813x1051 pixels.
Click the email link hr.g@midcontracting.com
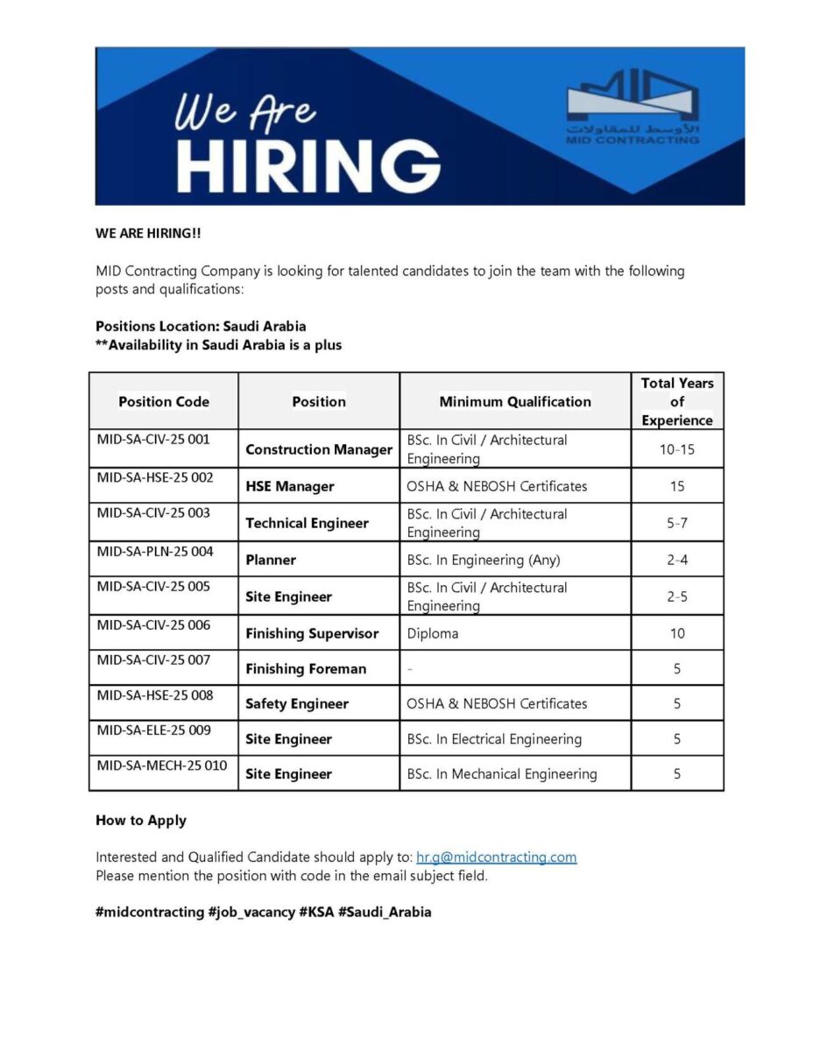(496, 857)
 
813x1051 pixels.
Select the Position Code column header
(164, 401)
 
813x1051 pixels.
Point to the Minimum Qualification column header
(515, 401)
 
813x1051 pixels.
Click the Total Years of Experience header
(677, 401)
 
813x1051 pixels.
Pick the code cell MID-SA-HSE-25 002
(155, 477)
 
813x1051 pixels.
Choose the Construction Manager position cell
(319, 449)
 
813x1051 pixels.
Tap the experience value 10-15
(677, 449)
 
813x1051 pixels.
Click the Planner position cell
(271, 560)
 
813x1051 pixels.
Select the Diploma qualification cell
(433, 633)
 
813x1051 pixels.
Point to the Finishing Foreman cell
(306, 668)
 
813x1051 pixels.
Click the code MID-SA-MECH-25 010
(162, 765)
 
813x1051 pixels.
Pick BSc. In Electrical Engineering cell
(494, 739)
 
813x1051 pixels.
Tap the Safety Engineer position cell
(297, 703)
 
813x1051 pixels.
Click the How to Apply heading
(141, 821)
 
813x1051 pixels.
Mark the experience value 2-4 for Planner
(677, 560)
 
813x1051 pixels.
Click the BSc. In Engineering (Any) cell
(484, 560)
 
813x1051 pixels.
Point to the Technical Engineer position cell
(308, 523)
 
